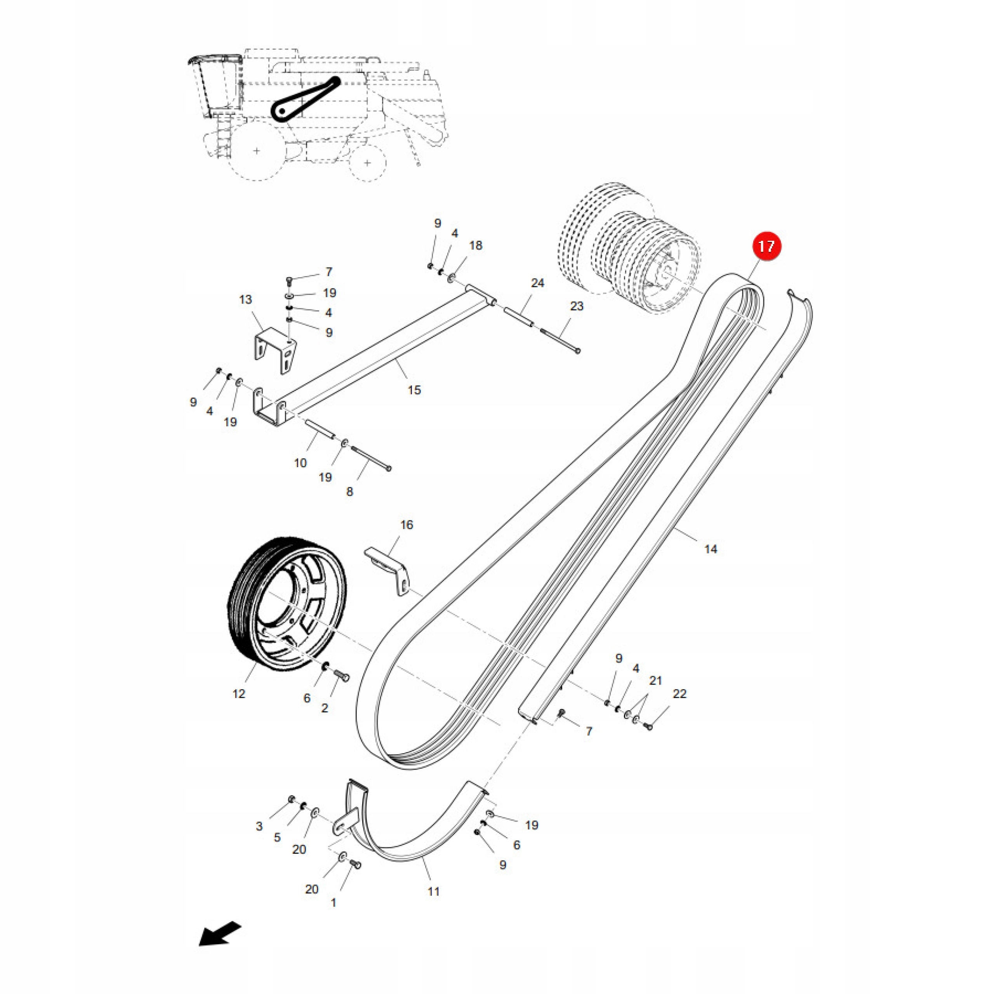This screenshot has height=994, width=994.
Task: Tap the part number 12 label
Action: click(x=239, y=693)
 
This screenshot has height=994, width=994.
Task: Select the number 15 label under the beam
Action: click(x=414, y=390)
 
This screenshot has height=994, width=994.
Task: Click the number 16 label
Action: click(x=407, y=525)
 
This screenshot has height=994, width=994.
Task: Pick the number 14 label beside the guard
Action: click(x=711, y=549)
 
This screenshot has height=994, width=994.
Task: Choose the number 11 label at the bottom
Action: click(x=434, y=891)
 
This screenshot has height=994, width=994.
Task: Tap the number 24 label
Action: click(x=538, y=283)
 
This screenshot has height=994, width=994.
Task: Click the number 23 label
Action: click(x=577, y=306)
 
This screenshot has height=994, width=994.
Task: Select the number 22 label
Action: click(x=679, y=693)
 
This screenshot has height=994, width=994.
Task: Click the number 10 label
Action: click(x=301, y=463)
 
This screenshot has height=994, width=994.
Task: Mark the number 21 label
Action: click(x=655, y=681)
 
